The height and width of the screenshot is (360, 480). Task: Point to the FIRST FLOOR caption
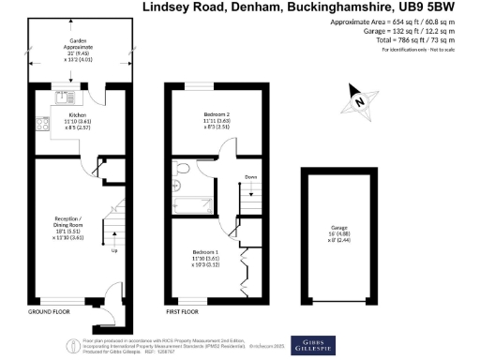(185, 310)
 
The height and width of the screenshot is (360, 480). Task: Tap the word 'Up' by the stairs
(114, 251)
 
